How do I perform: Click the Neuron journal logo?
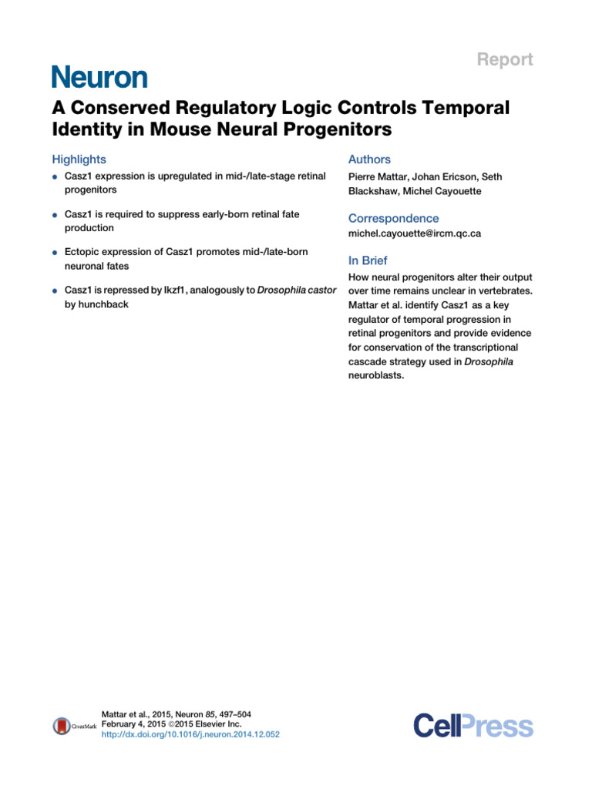99,76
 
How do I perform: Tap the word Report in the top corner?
506,59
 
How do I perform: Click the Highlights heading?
79,159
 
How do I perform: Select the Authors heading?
369,159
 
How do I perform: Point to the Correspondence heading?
393,218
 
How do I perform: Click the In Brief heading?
368,260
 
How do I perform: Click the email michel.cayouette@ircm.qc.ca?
415,233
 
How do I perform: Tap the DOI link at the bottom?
190,735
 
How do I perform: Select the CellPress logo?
473,726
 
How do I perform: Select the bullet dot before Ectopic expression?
55,253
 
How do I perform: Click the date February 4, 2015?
133,725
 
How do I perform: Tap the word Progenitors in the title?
333,130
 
